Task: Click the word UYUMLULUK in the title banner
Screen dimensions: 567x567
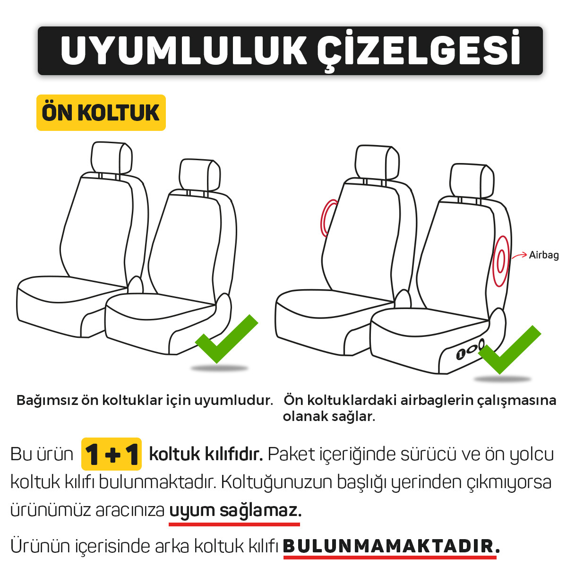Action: tap(184, 51)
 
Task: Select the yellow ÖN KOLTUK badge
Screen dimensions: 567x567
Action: tap(101, 112)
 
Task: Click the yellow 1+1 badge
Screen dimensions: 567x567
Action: tap(111, 454)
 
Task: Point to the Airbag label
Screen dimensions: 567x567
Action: tap(544, 255)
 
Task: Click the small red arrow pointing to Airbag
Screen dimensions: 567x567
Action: tap(519, 256)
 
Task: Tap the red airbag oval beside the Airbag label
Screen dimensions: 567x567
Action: tap(501, 261)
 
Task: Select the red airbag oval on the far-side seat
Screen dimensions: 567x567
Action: tap(328, 218)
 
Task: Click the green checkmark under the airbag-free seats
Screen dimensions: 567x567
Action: tap(226, 339)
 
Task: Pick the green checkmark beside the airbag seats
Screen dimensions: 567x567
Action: tap(509, 350)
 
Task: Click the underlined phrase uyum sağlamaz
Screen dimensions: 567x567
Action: tap(235, 510)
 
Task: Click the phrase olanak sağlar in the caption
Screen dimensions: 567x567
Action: tap(329, 417)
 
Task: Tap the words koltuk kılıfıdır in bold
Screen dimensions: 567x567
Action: tap(206, 454)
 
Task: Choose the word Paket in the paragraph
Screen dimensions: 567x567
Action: tap(292, 454)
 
